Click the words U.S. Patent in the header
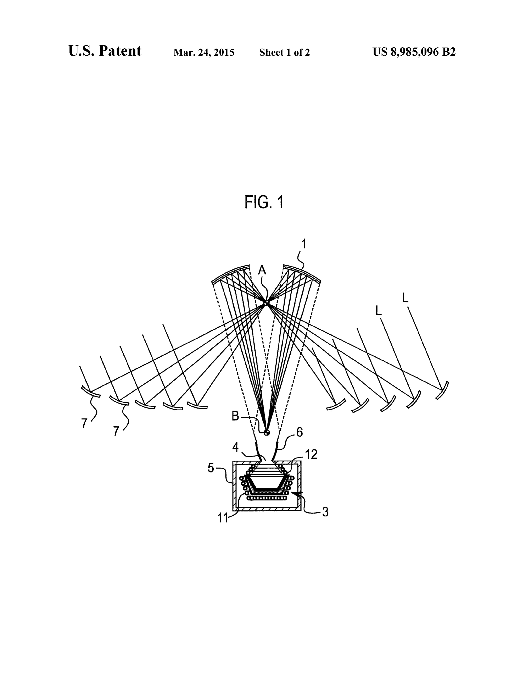[105, 51]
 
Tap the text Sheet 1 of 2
[284, 52]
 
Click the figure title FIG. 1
[264, 202]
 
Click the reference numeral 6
[300, 433]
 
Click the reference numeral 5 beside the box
[211, 468]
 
